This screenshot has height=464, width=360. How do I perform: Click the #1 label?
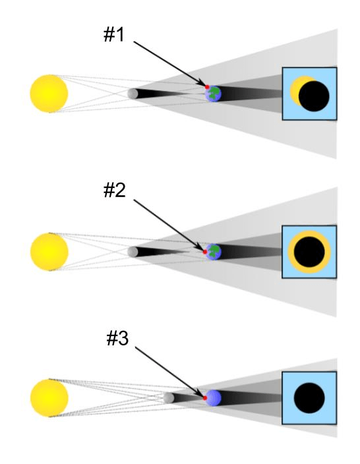point(114,34)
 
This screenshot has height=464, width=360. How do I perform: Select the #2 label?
point(115,190)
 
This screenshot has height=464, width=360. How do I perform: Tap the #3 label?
point(117,338)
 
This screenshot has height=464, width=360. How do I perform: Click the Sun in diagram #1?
point(49,94)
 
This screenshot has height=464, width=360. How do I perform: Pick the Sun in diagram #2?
point(49,252)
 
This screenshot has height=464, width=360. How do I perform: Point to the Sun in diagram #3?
point(49,398)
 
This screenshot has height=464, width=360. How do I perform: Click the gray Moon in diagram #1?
point(133,94)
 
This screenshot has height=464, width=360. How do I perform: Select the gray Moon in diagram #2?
point(133,252)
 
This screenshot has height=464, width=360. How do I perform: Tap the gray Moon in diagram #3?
point(169,397)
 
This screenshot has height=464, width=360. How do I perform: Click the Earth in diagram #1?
point(214,94)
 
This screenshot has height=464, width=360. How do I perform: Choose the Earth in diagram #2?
point(214,252)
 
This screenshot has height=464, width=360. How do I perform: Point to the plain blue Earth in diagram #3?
point(214,398)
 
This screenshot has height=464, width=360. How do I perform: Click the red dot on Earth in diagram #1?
point(207,87)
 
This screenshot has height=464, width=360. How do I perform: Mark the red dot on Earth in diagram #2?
point(205,252)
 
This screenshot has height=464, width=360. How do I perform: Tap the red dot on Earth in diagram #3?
point(205,398)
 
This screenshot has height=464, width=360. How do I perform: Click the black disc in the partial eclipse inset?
point(314,96)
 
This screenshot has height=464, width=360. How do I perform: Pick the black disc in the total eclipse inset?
point(309,398)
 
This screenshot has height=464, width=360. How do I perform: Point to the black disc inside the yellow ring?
point(309,252)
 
